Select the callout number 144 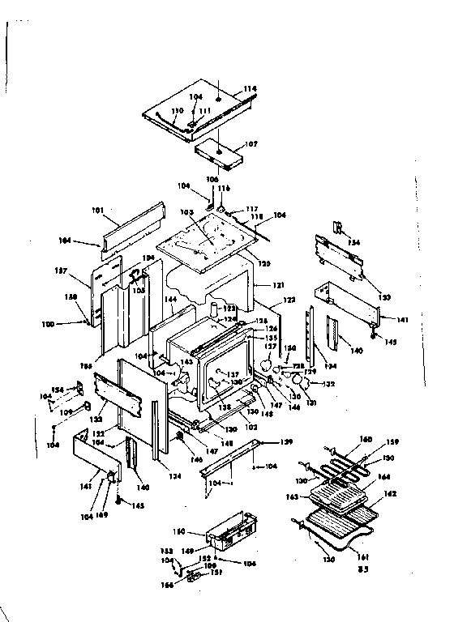point(171,299)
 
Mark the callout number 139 point(286,441)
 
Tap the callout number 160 point(366,439)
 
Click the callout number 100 point(70,324)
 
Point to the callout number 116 point(224,188)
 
